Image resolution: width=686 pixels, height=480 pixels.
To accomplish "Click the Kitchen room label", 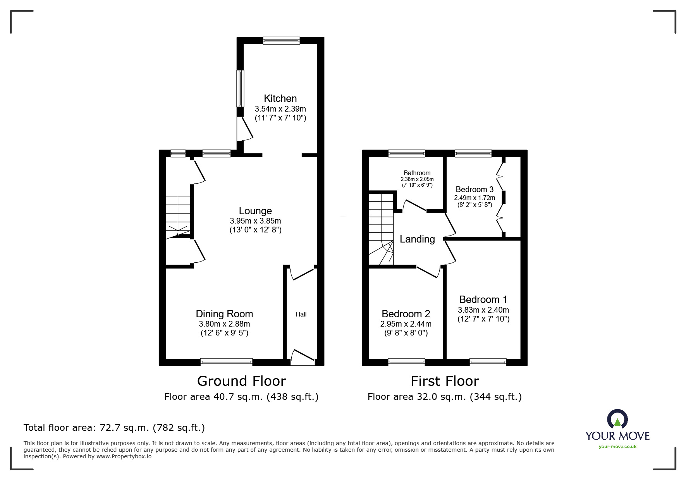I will coord(280,98).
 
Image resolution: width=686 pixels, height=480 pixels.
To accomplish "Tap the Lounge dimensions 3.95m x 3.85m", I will coord(255,221).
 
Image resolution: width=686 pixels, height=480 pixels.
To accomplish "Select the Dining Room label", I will coord(224,314).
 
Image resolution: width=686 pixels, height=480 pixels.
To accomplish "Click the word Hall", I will coord(301,315).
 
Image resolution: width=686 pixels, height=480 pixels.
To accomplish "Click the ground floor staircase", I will coord(178,215).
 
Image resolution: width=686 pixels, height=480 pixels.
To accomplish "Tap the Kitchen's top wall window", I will coord(281,40).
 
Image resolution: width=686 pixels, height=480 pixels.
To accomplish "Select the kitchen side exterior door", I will coord(244,129).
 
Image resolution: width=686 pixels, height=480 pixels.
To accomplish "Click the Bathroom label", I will coord(417,173).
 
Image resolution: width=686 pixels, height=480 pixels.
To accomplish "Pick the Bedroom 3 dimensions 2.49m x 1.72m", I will coord(475,198).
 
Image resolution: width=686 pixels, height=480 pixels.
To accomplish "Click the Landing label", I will coord(417,239).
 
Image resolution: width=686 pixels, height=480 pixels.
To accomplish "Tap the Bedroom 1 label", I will coord(483,299).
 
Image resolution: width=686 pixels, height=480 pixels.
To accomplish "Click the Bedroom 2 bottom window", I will coord(406,362).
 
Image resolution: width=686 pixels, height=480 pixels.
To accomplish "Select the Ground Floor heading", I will coord(241,381).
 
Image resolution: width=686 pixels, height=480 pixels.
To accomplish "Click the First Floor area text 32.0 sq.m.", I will coord(444,397).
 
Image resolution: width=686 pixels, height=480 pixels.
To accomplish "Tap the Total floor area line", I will coord(114,428).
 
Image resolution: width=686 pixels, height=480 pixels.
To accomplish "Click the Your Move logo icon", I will coord(617,419).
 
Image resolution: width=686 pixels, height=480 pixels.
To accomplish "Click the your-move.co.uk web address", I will coord(617,447).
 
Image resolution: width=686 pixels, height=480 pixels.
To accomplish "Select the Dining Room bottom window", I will coord(227,362).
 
